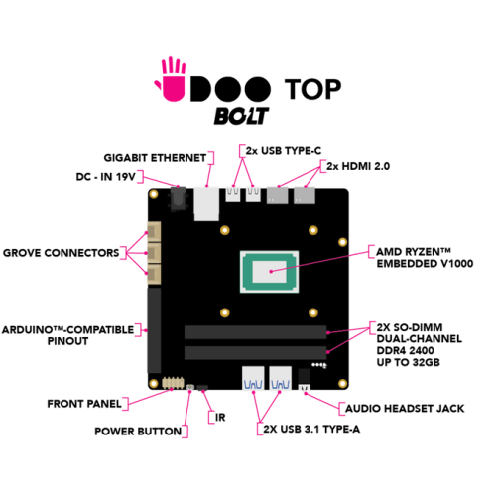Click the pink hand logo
click(172, 81)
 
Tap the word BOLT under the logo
click(241, 116)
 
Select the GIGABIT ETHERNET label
click(155, 158)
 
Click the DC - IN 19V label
click(106, 177)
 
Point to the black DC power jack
click(178, 199)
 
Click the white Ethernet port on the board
click(206, 204)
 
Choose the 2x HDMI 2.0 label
click(358, 166)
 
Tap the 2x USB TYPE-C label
click(284, 151)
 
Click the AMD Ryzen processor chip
click(269, 272)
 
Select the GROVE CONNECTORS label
click(62, 253)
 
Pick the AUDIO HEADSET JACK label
click(405, 409)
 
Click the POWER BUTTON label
click(138, 432)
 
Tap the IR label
click(220, 418)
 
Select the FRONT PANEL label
click(84, 404)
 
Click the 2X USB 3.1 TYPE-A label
click(311, 429)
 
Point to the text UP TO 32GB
click(409, 362)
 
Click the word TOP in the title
click(312, 89)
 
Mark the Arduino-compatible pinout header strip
click(154, 330)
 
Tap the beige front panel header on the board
click(173, 383)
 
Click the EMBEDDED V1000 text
click(425, 264)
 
